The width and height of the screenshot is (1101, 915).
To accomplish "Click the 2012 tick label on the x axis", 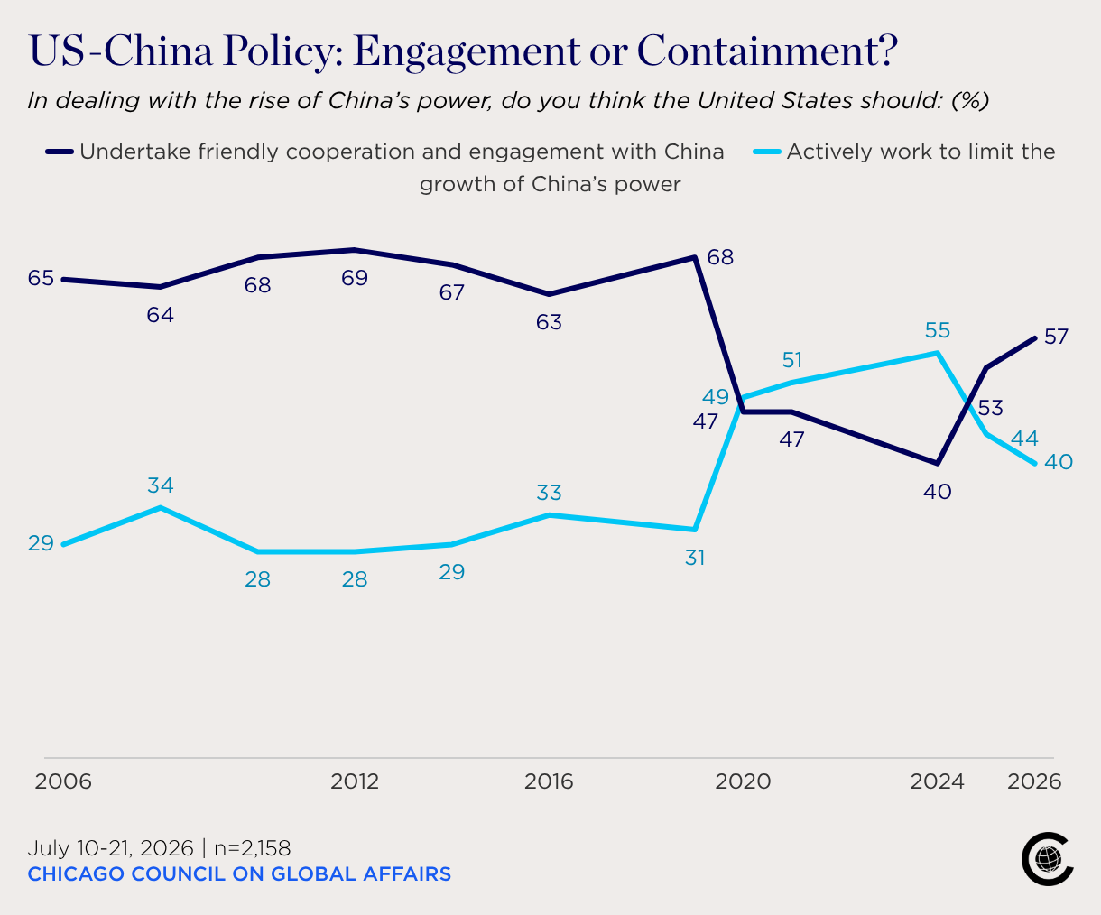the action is tap(355, 781).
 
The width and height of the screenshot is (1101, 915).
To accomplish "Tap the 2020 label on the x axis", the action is tap(743, 781).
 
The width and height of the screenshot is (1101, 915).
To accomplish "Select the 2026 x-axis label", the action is tap(1034, 781).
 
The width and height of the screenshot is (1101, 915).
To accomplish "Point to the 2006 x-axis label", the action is tap(63, 781).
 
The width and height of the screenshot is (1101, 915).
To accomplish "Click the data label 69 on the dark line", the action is tap(355, 278).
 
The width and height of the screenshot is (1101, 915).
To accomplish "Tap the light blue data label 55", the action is tap(938, 330).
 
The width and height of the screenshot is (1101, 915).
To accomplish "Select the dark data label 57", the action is tap(1056, 337).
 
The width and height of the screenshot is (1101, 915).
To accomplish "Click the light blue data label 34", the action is tap(161, 485).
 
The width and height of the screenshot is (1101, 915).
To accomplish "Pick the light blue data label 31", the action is tap(695, 558).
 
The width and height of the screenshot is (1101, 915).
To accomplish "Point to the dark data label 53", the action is tap(991, 408).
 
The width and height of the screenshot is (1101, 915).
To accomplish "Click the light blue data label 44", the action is tap(1024, 439).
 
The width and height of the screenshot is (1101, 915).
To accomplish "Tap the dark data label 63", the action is tap(549, 322).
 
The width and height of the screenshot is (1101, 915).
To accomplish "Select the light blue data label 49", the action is tap(716, 396).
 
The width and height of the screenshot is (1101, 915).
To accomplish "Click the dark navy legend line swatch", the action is tap(59, 152).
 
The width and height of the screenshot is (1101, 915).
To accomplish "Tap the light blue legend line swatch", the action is tap(767, 152).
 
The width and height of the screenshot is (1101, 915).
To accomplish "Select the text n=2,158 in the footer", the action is tap(252, 848).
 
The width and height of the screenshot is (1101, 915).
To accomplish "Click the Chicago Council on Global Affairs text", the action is tap(239, 873).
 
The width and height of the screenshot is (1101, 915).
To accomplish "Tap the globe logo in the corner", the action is tap(1047, 859).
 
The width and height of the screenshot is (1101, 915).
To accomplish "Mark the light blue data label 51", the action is tap(792, 360).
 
